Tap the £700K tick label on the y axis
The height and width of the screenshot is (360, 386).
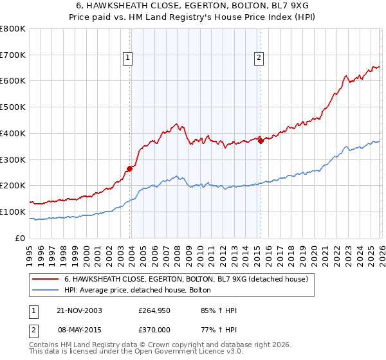[13, 55]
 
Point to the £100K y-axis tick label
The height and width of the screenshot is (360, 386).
[13, 212]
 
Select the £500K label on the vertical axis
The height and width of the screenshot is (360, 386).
[13, 107]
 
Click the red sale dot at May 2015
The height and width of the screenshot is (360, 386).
[261, 141]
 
